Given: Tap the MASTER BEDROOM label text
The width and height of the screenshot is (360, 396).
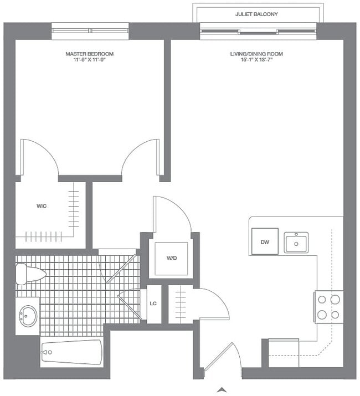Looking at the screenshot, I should tap(90, 54).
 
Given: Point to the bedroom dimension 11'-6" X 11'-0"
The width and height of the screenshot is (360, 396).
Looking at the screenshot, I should tap(90, 60).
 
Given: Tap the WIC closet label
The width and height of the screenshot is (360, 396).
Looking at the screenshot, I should tap(41, 206).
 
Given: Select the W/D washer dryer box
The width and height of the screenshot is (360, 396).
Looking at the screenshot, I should tap(171, 259).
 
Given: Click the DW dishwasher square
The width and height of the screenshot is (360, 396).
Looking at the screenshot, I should tap(264, 241).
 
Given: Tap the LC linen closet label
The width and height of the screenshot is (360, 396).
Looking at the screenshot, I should tap(154, 304).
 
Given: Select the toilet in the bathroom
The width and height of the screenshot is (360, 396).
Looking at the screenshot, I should tap(30, 274).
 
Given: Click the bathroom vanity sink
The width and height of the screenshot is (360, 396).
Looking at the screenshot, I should tap(28, 316).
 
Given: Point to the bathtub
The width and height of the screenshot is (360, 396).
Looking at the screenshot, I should tap(71, 352).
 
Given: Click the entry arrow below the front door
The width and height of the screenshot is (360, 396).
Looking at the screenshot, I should tap(222, 389).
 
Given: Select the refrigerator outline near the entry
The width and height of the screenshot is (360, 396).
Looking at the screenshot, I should tap(283, 353).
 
